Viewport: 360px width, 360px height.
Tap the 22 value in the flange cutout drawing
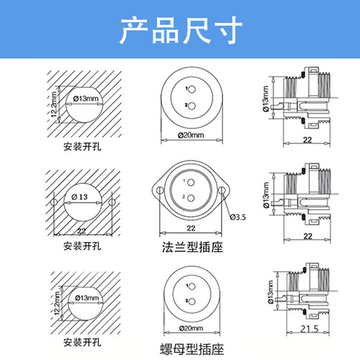(81, 230)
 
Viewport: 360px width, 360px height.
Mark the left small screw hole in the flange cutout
(53, 201)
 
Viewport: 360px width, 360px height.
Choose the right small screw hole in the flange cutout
(112, 201)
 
